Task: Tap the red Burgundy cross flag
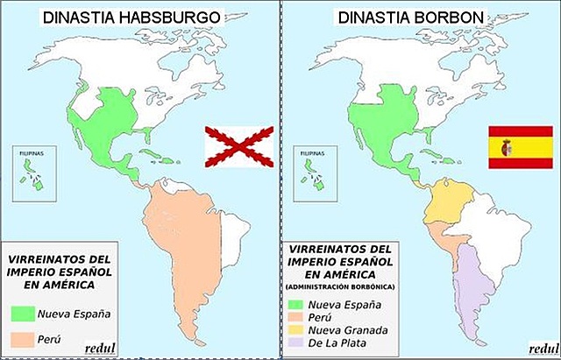[x=238, y=145]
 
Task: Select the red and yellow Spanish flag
[x=520, y=145]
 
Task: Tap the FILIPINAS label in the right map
[x=316, y=152]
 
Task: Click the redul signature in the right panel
[x=529, y=348]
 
